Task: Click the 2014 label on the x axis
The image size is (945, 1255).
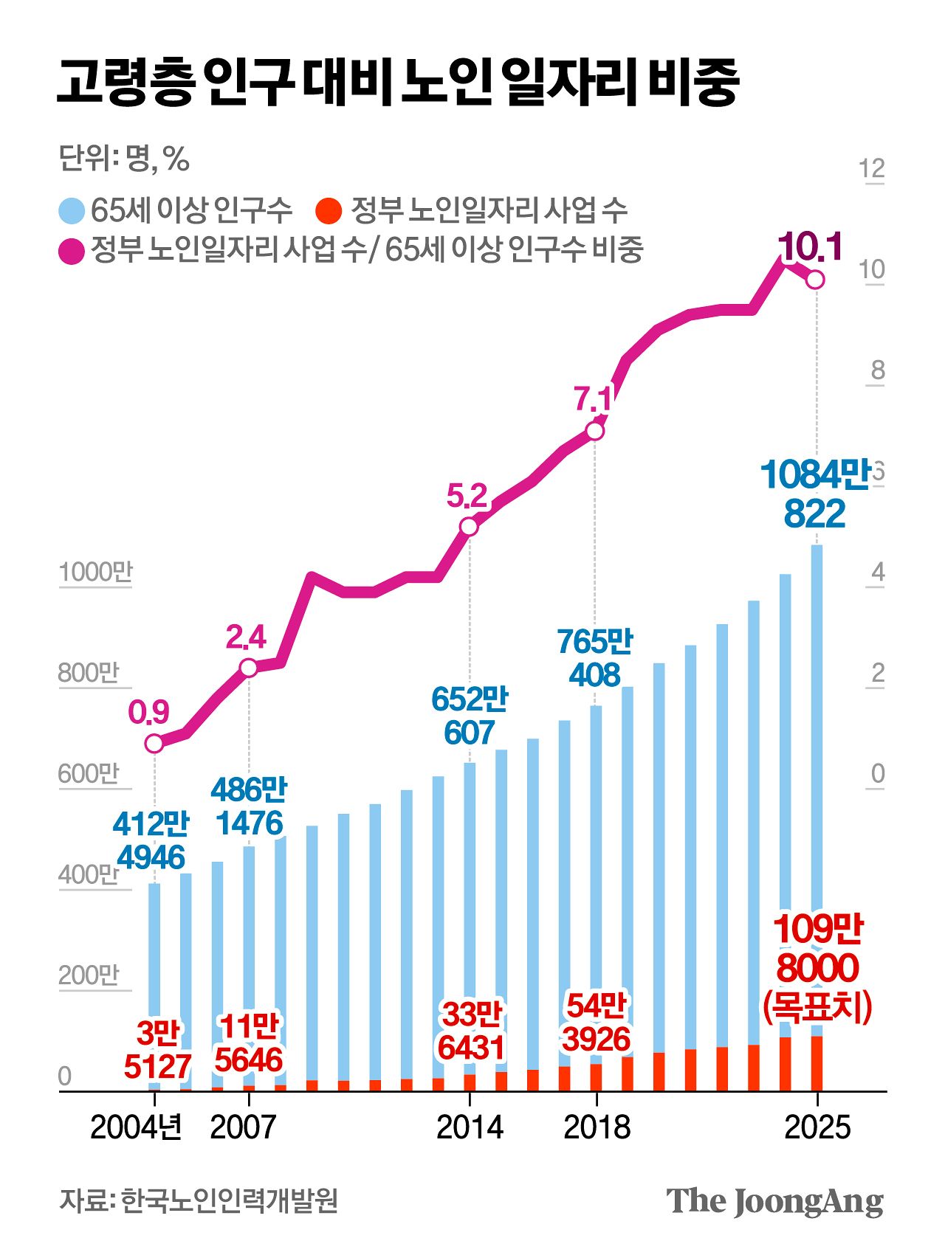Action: pos(470,1127)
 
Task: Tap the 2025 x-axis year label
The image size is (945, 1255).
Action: pos(817,1127)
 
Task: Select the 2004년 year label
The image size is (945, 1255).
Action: pos(136,1127)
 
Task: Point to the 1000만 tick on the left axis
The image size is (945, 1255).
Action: pos(95,573)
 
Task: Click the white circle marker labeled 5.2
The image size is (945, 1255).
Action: pos(469,526)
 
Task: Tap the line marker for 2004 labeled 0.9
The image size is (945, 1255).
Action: pos(154,743)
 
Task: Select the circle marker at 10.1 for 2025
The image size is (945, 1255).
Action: pos(816,280)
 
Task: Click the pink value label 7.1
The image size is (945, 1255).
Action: pos(593,399)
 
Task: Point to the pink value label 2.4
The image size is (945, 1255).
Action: pos(246,637)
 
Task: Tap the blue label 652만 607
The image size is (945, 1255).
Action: pos(470,716)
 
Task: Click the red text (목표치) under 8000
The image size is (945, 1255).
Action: pos(817,1006)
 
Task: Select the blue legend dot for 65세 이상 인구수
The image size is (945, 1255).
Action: pos(72,211)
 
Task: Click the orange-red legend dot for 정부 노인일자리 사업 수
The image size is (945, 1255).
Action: pos(328,211)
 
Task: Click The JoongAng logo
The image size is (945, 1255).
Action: pos(774,1202)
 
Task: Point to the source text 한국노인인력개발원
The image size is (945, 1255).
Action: pos(230,1200)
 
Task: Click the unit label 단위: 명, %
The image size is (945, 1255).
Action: pos(124,159)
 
